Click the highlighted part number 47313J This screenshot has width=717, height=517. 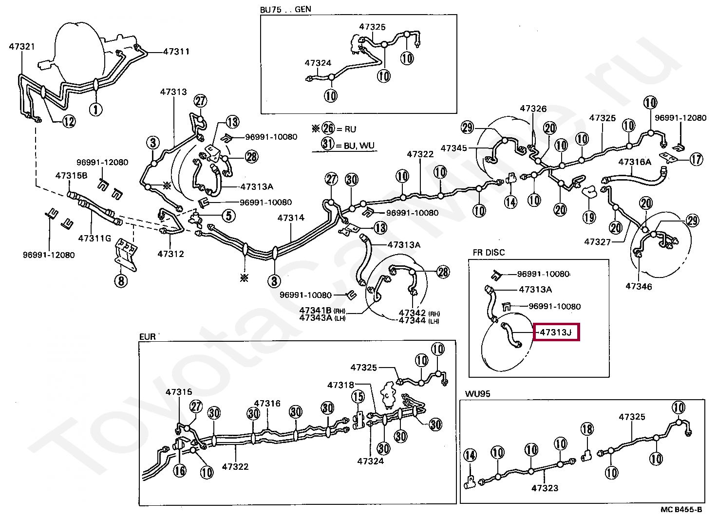click(x=556, y=332)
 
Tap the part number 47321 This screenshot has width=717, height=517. click(x=22, y=47)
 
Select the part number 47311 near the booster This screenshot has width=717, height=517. click(x=176, y=52)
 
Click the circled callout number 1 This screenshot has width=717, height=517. click(x=95, y=110)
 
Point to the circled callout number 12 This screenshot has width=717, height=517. click(x=69, y=122)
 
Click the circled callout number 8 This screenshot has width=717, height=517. click(x=121, y=281)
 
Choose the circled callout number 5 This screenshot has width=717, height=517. click(x=228, y=216)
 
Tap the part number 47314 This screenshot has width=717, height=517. click(x=291, y=218)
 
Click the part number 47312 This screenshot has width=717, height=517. click(x=170, y=254)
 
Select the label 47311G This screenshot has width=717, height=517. click(x=95, y=239)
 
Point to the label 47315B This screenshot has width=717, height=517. click(x=72, y=176)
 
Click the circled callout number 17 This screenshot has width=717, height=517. click(x=696, y=159)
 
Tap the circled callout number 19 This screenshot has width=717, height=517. click(x=589, y=217)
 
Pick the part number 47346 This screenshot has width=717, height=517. click(x=639, y=286)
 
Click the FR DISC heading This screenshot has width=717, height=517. click(x=489, y=253)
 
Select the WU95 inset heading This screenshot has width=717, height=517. click(x=477, y=393)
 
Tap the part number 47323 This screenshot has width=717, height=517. click(x=545, y=488)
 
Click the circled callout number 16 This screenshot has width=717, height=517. click(x=180, y=471)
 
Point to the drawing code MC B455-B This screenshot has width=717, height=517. click(x=681, y=510)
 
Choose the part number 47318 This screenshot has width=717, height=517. click(x=340, y=385)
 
